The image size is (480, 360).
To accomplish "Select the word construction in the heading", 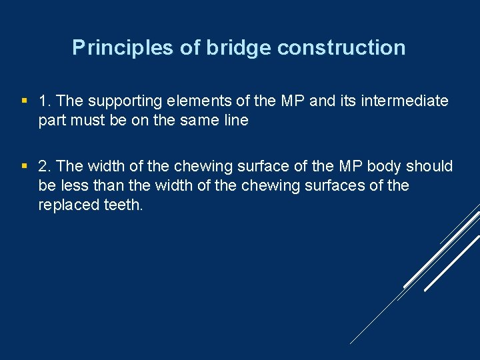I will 341,48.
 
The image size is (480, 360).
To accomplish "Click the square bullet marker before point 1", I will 25,101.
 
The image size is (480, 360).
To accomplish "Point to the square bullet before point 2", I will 25,166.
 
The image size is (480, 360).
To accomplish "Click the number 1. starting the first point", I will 45,101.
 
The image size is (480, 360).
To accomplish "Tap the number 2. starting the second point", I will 45,166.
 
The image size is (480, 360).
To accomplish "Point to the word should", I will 429,166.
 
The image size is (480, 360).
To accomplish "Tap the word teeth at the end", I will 123,205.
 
